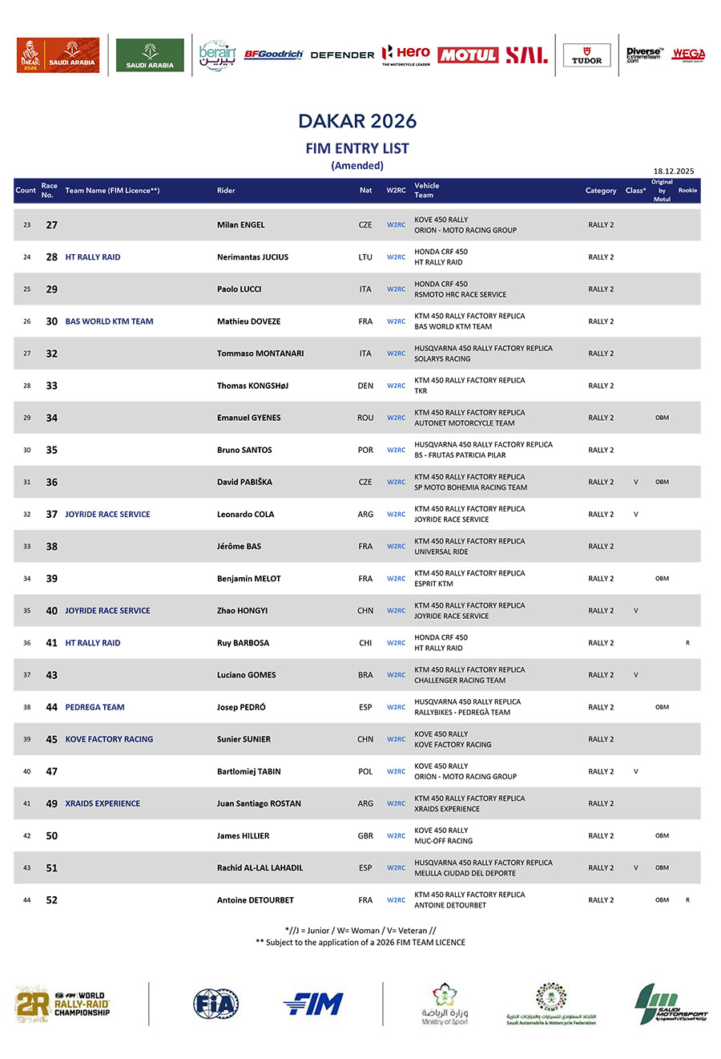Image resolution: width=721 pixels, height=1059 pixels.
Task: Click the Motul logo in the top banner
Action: (x=468, y=55)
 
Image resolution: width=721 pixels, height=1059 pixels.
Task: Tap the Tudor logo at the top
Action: (x=586, y=55)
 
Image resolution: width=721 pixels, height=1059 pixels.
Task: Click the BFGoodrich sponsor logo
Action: (x=273, y=55)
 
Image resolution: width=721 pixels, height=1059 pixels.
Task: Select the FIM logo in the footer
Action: (x=313, y=1004)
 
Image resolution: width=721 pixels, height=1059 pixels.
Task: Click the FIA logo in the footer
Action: (x=215, y=1004)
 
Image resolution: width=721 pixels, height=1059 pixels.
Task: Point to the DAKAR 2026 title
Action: (x=357, y=121)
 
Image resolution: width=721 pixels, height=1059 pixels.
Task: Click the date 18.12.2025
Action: (x=674, y=171)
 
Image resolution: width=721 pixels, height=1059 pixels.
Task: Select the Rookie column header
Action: (x=687, y=191)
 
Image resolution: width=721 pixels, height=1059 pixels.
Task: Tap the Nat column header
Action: (x=365, y=191)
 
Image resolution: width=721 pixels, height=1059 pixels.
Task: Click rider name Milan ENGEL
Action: (x=240, y=225)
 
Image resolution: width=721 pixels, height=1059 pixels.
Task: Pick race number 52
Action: (x=52, y=900)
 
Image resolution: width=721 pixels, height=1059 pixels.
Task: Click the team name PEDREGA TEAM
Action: (x=95, y=707)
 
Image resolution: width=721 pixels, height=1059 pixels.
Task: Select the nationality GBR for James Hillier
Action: (x=365, y=836)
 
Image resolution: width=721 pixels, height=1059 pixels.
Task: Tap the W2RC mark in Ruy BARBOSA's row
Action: (x=396, y=643)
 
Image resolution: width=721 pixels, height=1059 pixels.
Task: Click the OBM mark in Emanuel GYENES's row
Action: (x=662, y=418)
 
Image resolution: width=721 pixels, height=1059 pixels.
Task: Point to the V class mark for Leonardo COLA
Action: (x=636, y=515)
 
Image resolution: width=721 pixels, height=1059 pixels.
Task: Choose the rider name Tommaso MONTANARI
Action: (x=260, y=354)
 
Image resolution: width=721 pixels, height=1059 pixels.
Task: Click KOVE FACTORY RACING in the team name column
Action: (x=109, y=739)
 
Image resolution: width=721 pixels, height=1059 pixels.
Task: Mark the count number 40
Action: (x=26, y=772)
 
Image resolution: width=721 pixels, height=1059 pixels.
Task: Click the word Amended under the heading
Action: (x=357, y=166)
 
